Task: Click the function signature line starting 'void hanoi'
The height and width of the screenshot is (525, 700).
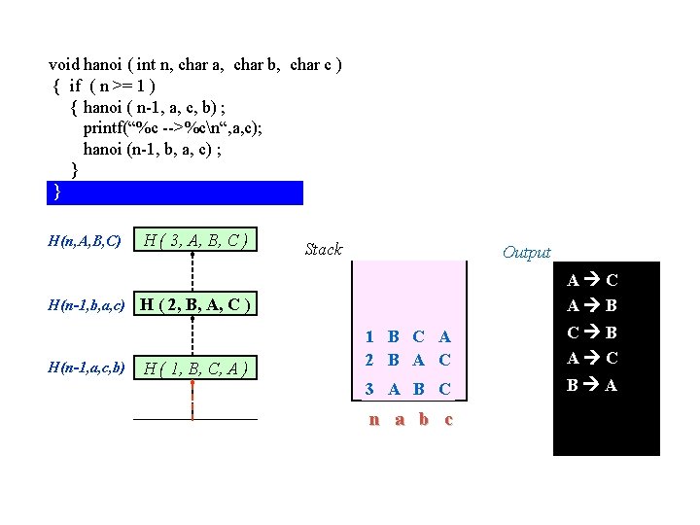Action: [x=194, y=65]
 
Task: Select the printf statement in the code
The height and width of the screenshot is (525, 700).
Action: [x=172, y=127]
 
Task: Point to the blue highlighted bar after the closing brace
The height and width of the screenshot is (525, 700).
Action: [x=175, y=192]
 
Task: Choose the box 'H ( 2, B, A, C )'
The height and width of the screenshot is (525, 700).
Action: [x=195, y=305]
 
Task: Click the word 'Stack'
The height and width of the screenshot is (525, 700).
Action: [x=323, y=249]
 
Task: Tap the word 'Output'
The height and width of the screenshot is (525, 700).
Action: [x=526, y=253]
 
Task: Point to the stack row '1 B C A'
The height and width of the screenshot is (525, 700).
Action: [x=407, y=337]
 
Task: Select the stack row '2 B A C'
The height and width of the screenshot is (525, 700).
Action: [x=407, y=359]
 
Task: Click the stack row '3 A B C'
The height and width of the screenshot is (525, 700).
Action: [x=407, y=389]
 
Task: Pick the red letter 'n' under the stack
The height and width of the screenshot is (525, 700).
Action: [x=373, y=420]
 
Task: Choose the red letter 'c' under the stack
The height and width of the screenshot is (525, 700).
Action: [x=447, y=420]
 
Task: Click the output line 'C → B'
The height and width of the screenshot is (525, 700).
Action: [x=592, y=332]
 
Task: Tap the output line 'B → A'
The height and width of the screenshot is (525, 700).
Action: [x=592, y=384]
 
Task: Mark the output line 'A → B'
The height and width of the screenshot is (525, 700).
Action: [x=592, y=305]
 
